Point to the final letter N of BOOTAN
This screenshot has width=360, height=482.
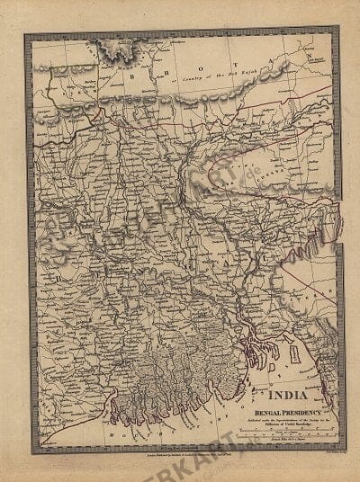pyautogui.click(x=310, y=56)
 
